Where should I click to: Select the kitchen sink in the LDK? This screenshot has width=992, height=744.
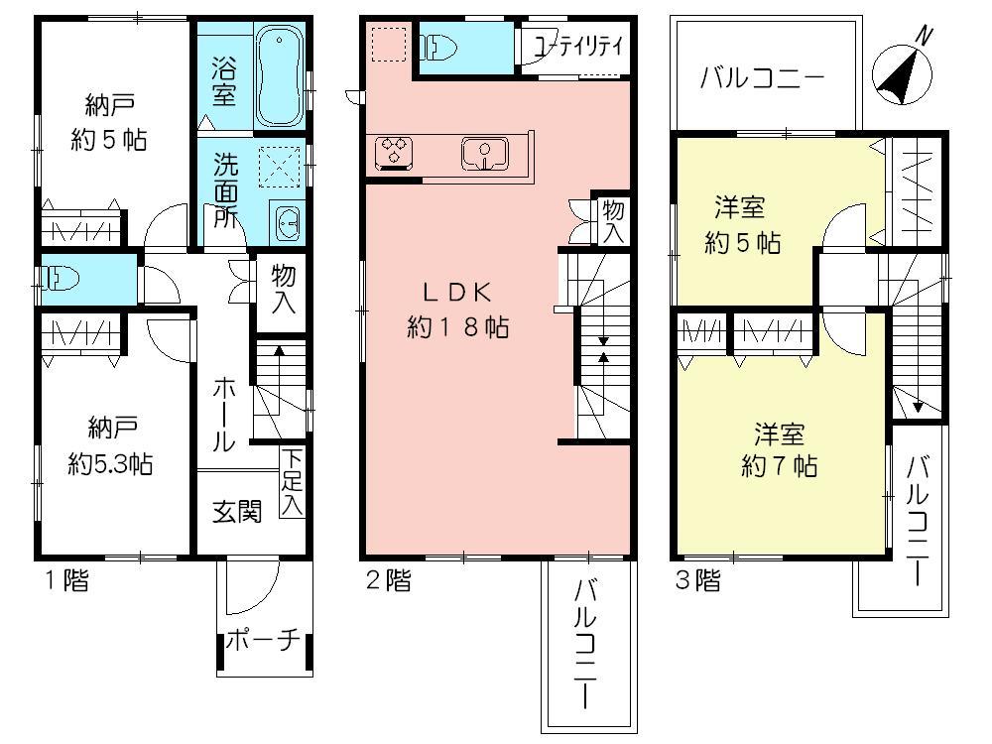coord(484,154)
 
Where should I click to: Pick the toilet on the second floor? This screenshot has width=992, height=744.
coord(437,47)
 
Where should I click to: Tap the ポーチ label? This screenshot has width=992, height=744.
coord(262,640)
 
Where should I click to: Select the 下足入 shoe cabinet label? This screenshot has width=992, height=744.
coord(291,483)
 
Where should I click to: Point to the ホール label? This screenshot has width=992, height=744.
coord(222,414)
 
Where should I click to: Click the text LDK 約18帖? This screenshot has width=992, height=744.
coord(458,310)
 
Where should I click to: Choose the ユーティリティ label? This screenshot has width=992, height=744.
coord(578,46)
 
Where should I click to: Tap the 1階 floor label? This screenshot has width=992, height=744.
coord(64,580)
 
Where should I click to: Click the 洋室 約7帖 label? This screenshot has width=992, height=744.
coord(779,449)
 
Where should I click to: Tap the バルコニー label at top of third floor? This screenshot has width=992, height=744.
coord(762,77)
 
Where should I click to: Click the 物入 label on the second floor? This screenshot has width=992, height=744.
coord(613,221)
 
